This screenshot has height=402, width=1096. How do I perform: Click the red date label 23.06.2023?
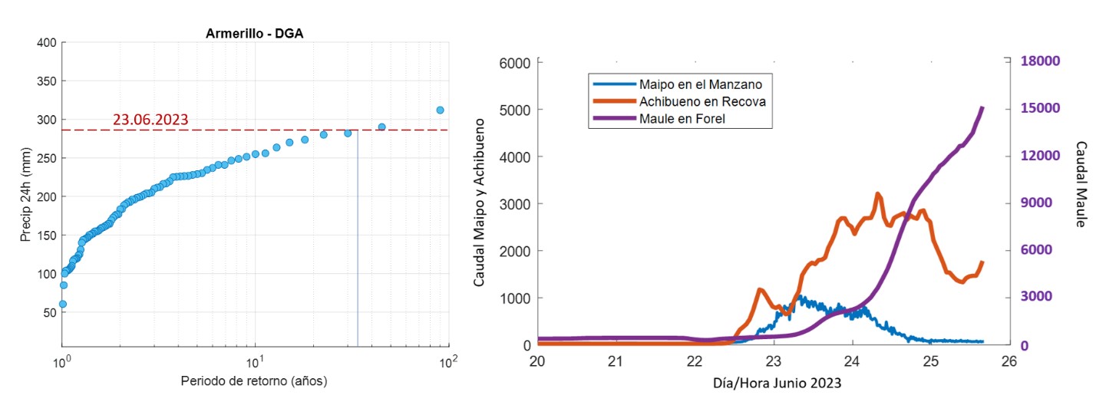pyautogui.click(x=150, y=120)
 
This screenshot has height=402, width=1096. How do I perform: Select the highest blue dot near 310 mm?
pyautogui.click(x=440, y=110)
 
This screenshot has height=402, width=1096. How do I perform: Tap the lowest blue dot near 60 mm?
pyautogui.click(x=63, y=304)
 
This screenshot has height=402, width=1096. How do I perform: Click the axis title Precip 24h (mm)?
pyautogui.click(x=25, y=196)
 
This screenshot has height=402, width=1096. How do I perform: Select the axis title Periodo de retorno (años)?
pyautogui.click(x=255, y=381)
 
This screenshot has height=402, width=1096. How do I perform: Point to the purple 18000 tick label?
pyautogui.click(x=1039, y=61)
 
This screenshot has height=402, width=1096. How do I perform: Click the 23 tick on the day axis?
pyautogui.click(x=774, y=361)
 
